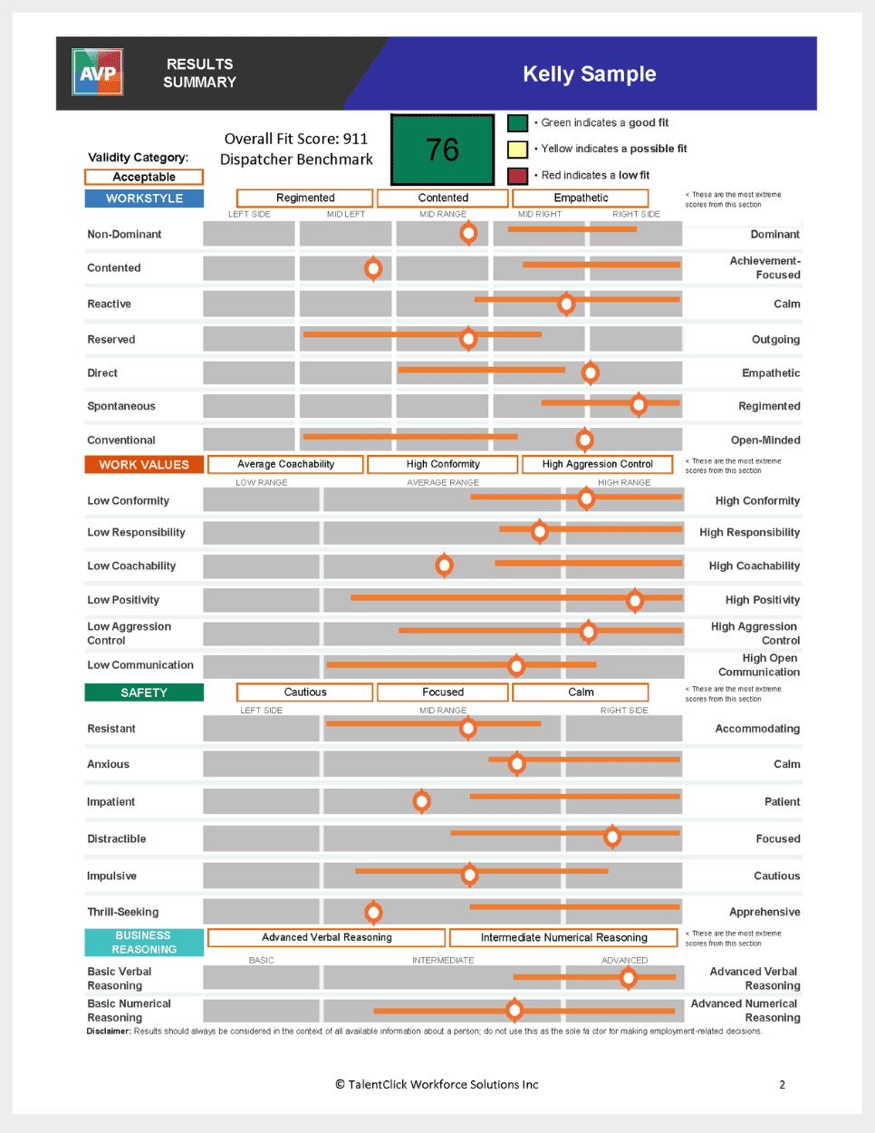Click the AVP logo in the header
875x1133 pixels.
click(97, 73)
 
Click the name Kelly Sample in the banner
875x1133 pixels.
click(589, 74)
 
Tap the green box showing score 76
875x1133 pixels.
click(442, 150)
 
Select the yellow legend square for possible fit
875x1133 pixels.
click(517, 149)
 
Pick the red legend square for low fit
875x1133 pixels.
click(517, 175)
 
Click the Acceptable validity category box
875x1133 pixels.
click(144, 177)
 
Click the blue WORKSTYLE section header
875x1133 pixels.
click(144, 199)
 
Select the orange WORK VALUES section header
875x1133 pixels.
click(144, 464)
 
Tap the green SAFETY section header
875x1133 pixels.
click(144, 692)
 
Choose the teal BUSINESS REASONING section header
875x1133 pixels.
click(144, 943)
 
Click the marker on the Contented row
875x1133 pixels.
click(373, 268)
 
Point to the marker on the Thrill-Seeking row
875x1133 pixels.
click(373, 912)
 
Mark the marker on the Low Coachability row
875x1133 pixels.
click(444, 566)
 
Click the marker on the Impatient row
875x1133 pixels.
click(421, 801)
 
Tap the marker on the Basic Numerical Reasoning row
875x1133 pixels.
click(514, 1010)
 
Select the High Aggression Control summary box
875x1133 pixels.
click(597, 464)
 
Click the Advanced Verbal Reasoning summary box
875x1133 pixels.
click(327, 937)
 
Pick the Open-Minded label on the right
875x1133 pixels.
click(765, 441)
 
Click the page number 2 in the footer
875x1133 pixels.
click(783, 1084)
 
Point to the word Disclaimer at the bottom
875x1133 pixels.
click(109, 1031)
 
